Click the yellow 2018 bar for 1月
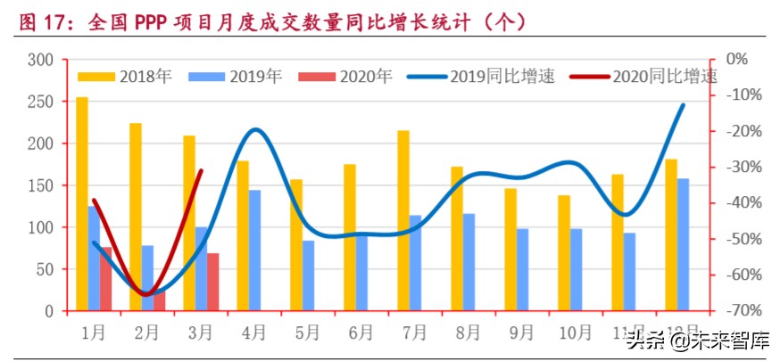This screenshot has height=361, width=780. (x=82, y=204)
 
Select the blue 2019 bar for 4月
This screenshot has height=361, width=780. (x=254, y=250)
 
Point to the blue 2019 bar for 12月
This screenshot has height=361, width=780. (x=684, y=245)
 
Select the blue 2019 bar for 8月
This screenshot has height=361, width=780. (x=469, y=262)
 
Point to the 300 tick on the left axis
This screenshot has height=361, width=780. (x=42, y=60)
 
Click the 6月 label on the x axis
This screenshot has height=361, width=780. (x=361, y=332)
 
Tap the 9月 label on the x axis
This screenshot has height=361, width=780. (x=521, y=332)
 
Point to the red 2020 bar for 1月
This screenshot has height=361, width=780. (x=106, y=279)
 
